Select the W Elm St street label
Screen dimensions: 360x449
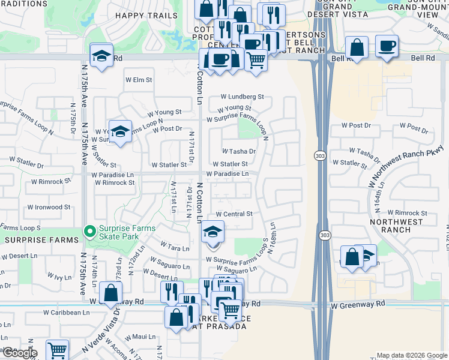tap(139, 80)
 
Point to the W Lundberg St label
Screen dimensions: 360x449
tap(242, 97)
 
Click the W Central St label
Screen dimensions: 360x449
tap(234, 214)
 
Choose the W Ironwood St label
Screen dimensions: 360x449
tap(48, 208)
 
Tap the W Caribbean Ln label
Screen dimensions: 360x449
tap(67, 313)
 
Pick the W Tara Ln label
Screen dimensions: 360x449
tap(175, 247)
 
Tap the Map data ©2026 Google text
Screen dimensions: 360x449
tap(412, 355)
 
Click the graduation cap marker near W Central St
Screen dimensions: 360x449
tap(212, 233)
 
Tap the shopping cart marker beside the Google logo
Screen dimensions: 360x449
tap(57, 350)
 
